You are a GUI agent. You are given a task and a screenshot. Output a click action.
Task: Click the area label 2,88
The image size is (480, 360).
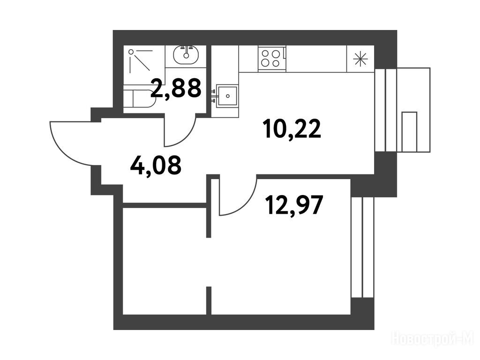(176, 88)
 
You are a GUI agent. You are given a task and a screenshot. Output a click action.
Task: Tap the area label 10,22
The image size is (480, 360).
(292, 128)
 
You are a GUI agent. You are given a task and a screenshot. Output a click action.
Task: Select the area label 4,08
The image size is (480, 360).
(156, 165)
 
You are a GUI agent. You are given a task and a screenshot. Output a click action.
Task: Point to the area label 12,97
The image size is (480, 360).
(294, 205)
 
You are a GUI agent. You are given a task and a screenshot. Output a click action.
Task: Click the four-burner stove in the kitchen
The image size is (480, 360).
(272, 59)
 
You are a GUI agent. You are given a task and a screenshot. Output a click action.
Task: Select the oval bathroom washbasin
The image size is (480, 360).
(186, 55)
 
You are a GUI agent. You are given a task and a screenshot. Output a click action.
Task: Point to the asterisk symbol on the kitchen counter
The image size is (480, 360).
(360, 59)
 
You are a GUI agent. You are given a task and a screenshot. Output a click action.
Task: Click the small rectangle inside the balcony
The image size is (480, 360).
(409, 132)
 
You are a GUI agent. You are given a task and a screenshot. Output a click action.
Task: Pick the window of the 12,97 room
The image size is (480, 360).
(362, 247)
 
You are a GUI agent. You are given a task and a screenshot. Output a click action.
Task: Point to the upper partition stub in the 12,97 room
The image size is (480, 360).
(209, 207)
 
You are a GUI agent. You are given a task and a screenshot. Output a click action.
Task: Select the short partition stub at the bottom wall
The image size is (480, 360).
(209, 300)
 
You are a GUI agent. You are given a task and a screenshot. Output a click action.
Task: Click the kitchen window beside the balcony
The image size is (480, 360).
(386, 110)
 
